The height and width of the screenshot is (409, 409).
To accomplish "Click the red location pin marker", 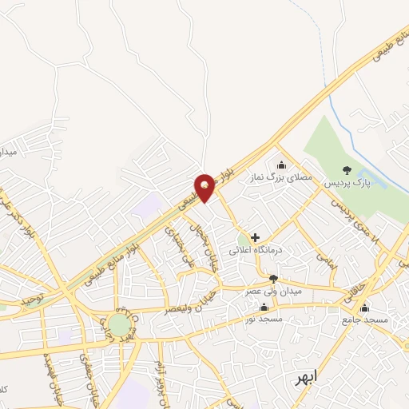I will click(206, 187).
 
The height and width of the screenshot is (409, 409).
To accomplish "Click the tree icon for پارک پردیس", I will click(346, 169).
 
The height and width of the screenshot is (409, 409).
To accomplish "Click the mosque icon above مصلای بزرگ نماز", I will click(280, 165).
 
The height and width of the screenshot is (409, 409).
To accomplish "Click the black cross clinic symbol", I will click(256, 237).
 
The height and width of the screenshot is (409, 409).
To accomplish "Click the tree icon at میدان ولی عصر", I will click(274, 279).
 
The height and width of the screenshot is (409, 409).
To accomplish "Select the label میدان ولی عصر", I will click(276, 292).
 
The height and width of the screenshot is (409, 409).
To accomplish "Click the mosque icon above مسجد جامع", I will click(365, 308).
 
